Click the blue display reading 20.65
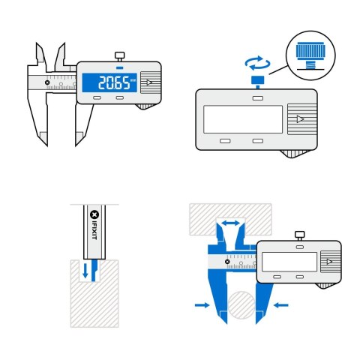[x=109, y=83]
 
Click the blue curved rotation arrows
[x=256, y=63]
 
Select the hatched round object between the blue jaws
[x=244, y=307]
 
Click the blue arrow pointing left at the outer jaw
[x=281, y=305]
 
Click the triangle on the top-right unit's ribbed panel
[x=299, y=119]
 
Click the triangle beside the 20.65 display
[x=150, y=83]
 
